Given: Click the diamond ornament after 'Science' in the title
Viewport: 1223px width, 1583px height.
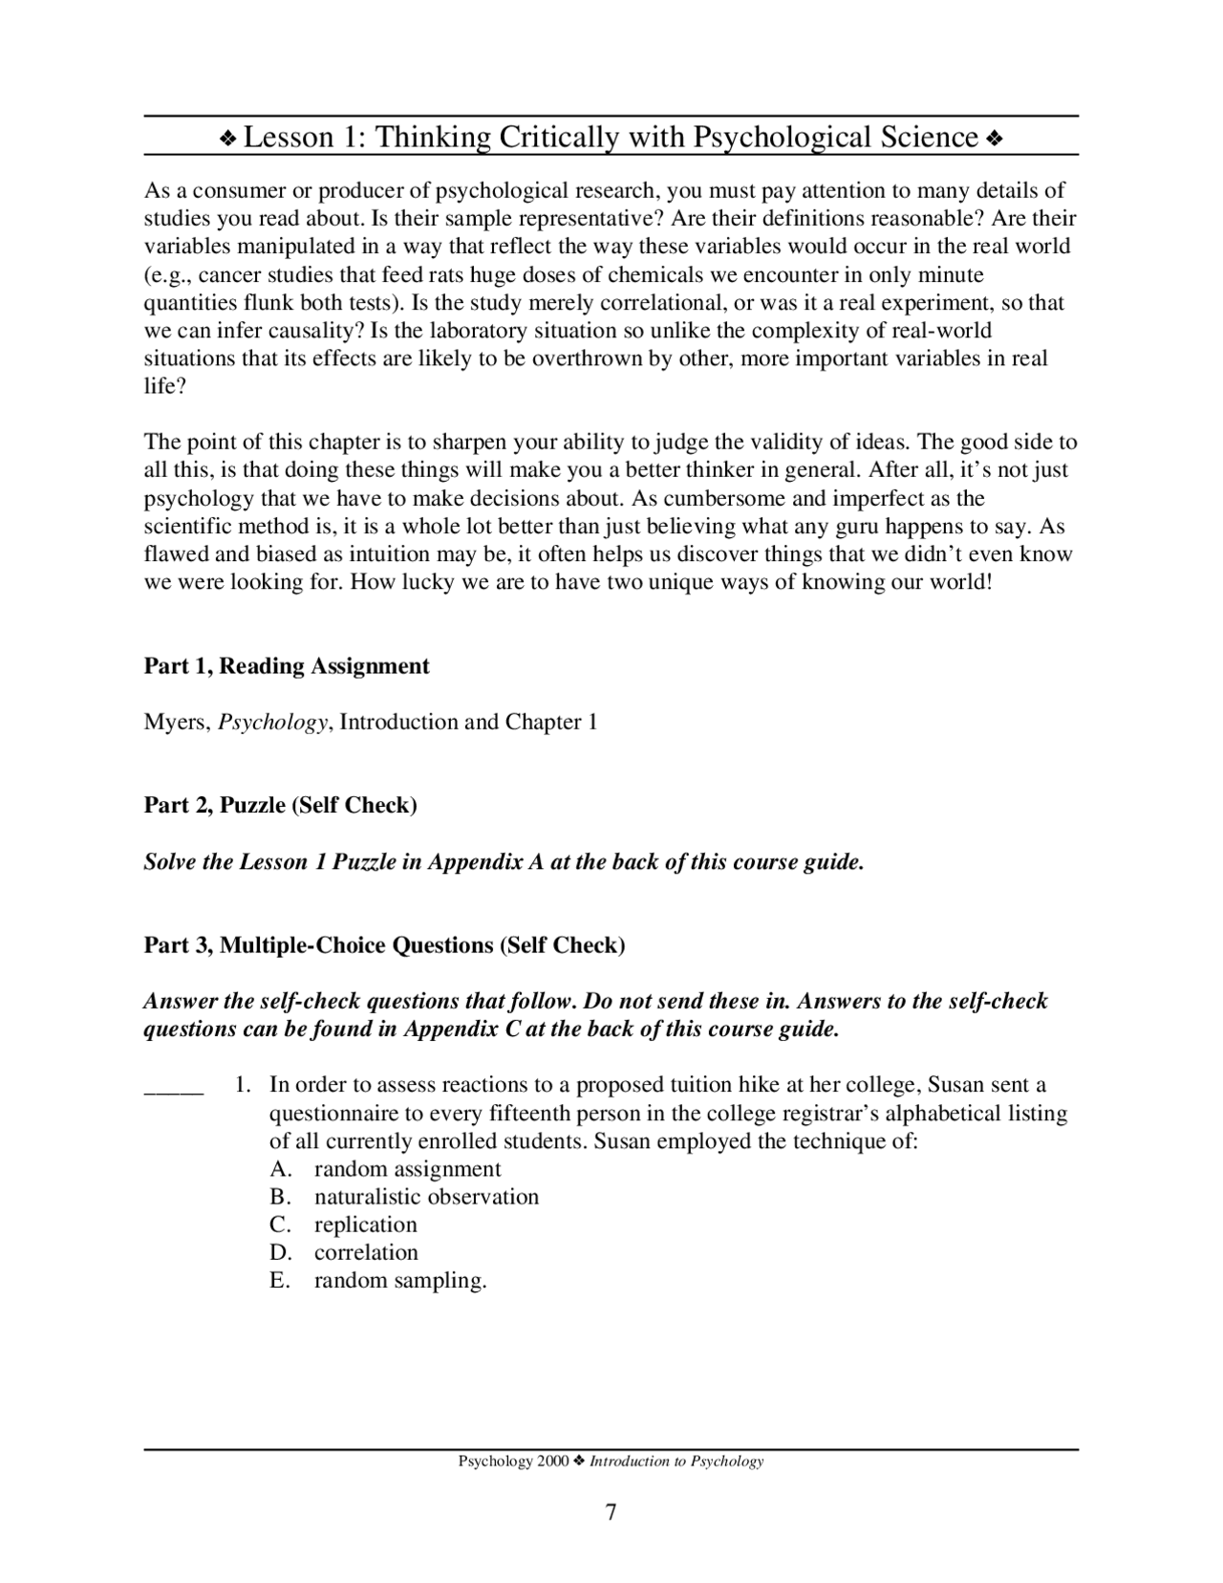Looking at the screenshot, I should coord(994,140).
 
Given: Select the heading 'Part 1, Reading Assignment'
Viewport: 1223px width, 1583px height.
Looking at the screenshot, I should coord(287,666).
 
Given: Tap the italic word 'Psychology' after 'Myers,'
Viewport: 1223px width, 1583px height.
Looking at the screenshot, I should coord(273,723).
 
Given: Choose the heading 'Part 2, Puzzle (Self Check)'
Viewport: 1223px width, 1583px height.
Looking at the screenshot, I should coord(280,805).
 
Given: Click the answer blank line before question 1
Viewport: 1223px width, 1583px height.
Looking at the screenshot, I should coord(173,1087).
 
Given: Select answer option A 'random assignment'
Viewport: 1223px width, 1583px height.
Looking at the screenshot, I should coord(407,1169).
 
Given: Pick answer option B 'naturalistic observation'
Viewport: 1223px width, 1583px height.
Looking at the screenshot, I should coord(426,1197).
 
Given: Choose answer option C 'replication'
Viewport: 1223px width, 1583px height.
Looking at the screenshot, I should coord(365,1225).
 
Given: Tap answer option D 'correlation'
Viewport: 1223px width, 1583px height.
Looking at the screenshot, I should coord(366,1252).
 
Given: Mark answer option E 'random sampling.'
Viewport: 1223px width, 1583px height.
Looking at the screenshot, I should coord(400,1281).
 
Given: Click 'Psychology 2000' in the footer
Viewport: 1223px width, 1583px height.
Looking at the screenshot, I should coord(513,1462).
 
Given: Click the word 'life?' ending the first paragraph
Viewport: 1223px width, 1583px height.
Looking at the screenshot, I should coord(165,386).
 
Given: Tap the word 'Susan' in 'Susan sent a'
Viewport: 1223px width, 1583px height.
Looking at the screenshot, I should coord(956,1085).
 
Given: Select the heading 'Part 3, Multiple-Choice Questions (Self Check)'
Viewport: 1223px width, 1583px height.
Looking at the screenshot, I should coord(384,945).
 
